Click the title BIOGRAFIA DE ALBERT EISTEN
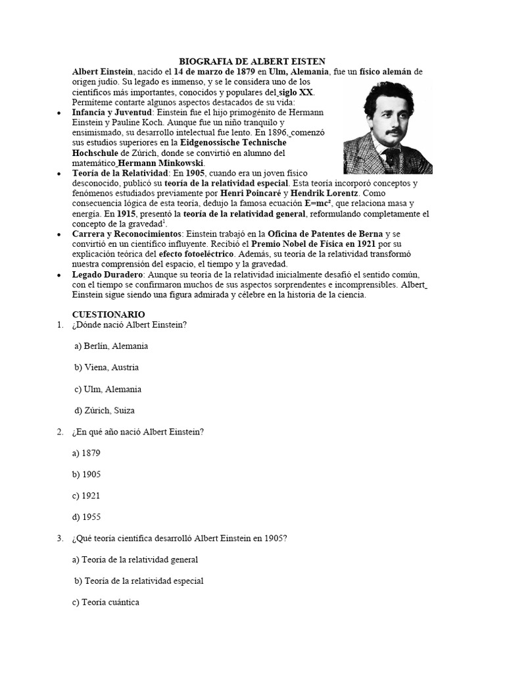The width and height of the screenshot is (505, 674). tap(252, 61)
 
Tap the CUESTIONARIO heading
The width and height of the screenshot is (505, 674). tap(108, 315)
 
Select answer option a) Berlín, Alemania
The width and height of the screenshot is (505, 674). tap(111, 346)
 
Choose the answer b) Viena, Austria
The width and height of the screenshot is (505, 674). tap(107, 367)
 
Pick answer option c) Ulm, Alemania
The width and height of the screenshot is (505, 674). tap(108, 389)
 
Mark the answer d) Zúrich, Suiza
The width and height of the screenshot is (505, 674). tap(105, 411)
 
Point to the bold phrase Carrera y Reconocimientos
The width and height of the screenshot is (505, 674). tap(128, 234)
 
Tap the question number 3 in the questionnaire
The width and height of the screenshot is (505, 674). tap(60, 538)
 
